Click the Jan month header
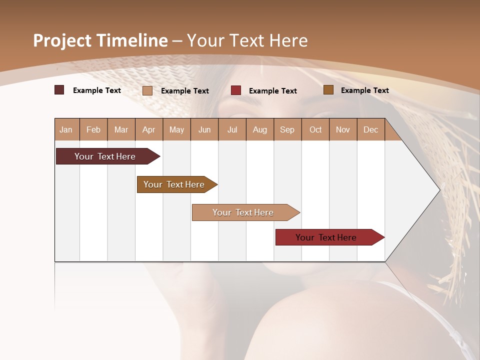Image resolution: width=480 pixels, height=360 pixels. (x=66, y=129)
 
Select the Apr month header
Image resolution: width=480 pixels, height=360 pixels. (x=149, y=129)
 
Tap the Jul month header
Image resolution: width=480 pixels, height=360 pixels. (x=232, y=129)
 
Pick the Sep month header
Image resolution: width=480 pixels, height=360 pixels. (x=287, y=129)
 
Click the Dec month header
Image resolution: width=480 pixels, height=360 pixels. (x=370, y=129)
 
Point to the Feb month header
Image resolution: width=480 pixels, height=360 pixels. (x=93, y=129)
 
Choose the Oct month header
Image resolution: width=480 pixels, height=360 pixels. (x=315, y=129)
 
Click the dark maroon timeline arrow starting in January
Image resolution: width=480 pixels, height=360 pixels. (x=105, y=156)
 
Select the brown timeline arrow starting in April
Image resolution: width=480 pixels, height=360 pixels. (x=174, y=184)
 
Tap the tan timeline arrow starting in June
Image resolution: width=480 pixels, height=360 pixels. (x=243, y=212)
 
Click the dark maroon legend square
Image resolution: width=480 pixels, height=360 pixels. (x=59, y=90)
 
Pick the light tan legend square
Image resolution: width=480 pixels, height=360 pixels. (x=147, y=90)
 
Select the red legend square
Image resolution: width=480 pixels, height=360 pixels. (x=236, y=90)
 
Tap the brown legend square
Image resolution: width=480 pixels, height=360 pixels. (x=328, y=90)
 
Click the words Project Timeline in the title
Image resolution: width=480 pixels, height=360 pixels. (x=100, y=40)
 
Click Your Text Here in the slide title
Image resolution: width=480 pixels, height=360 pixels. (x=247, y=40)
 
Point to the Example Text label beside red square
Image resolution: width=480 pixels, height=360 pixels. (x=273, y=90)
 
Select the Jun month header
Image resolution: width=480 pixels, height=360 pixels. (x=204, y=129)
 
